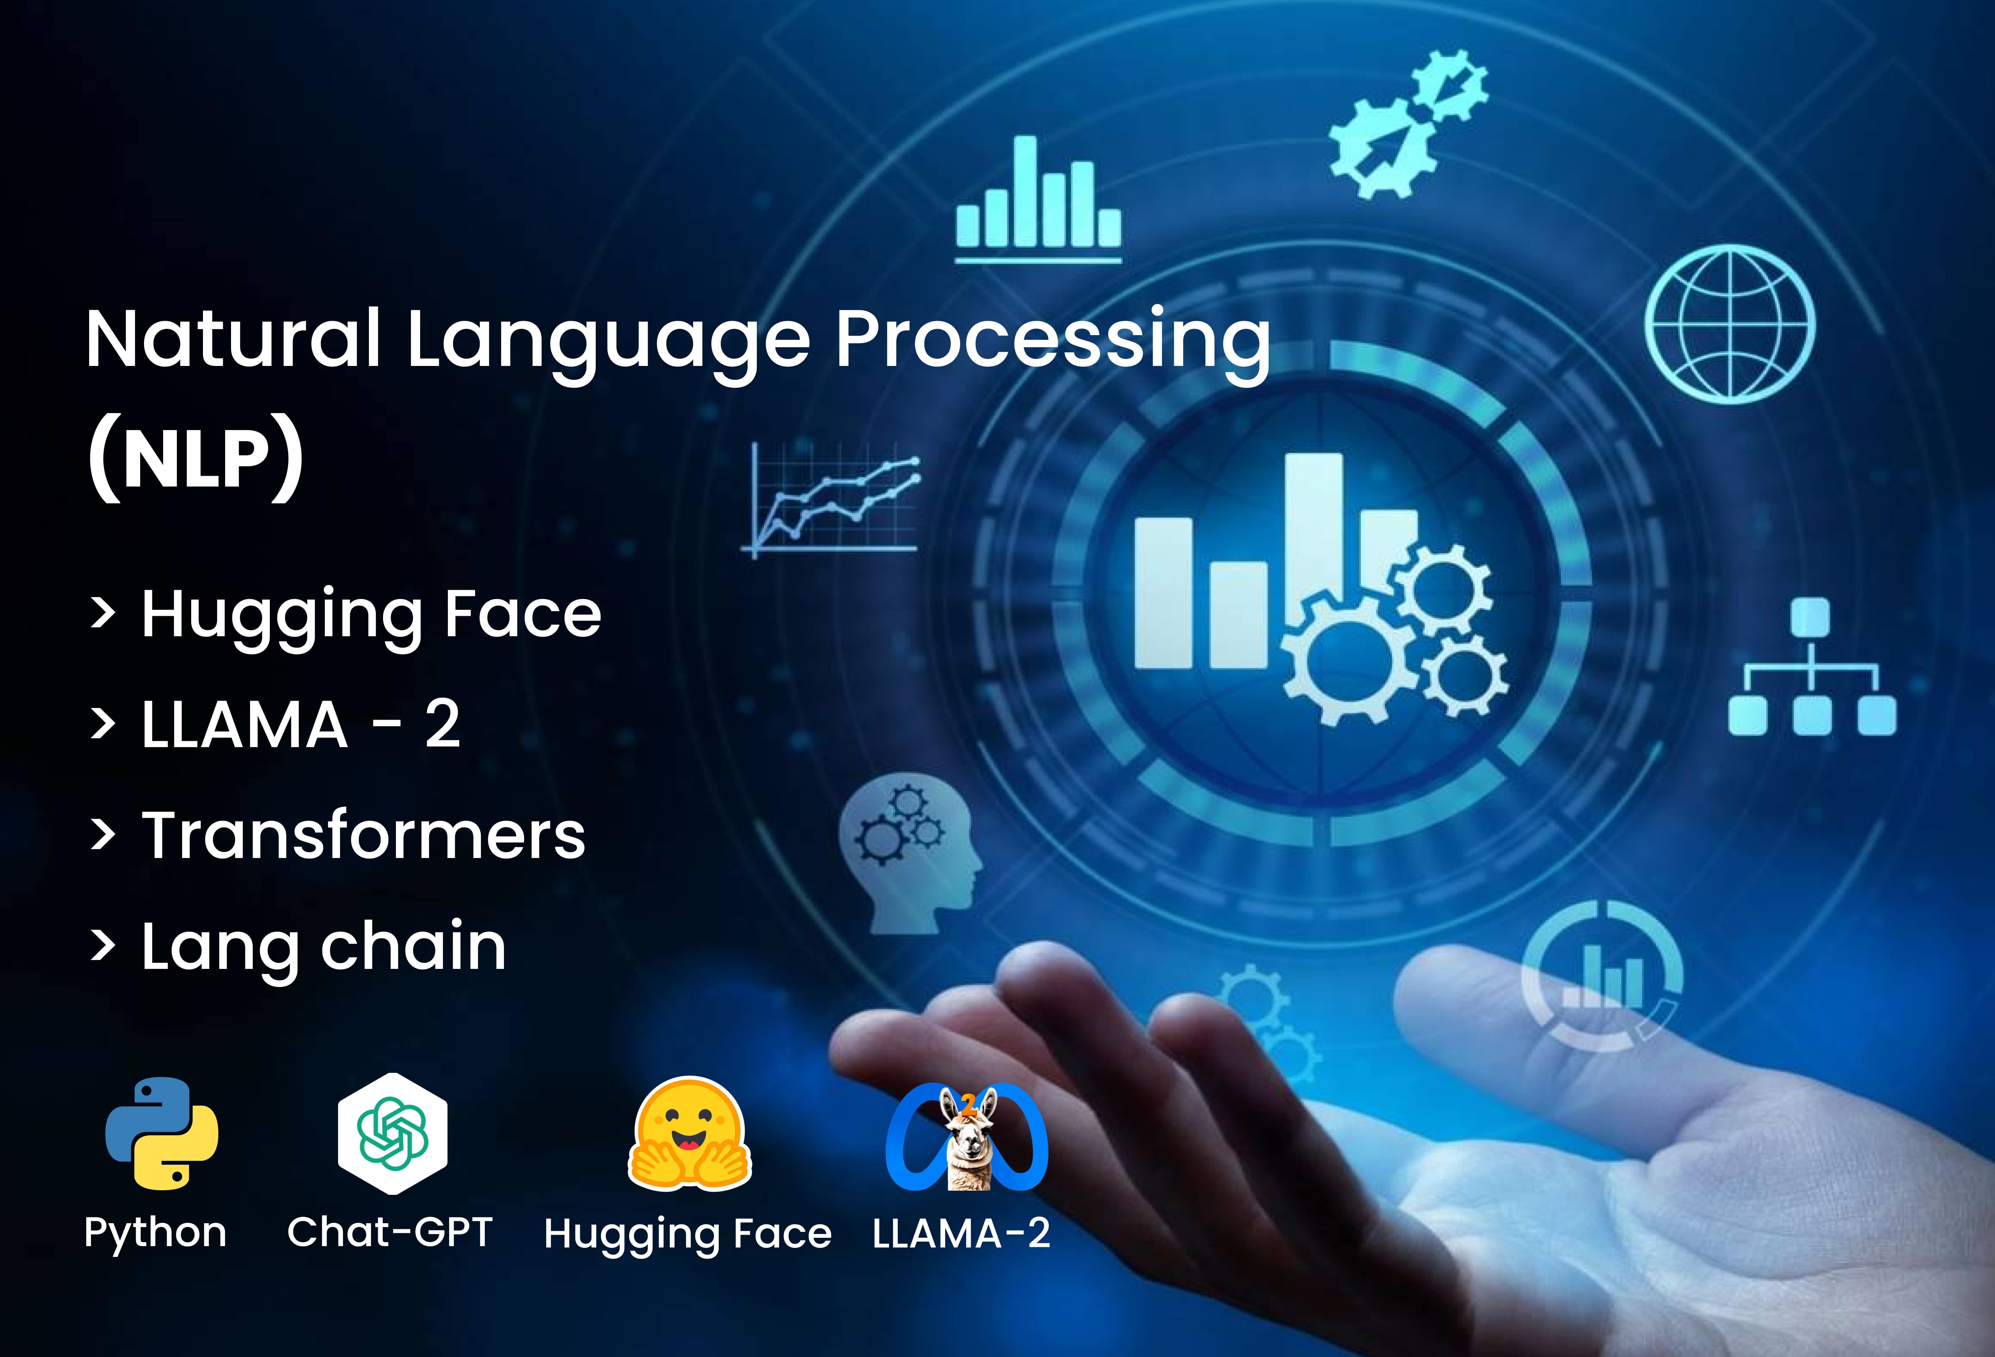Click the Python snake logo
pyautogui.click(x=161, y=1133)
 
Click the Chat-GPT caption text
pyautogui.click(x=390, y=1233)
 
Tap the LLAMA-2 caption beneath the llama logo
pyautogui.click(x=961, y=1233)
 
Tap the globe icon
pyautogui.click(x=1730, y=325)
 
